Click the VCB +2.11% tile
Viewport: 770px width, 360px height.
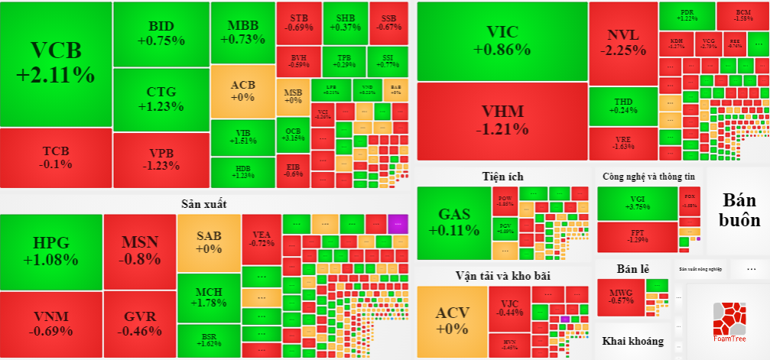(56, 63)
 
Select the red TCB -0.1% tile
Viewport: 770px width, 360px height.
(56, 157)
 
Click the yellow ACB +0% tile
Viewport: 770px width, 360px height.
(242, 91)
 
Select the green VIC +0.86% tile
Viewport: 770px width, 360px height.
(502, 41)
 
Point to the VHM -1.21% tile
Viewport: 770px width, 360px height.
(502, 122)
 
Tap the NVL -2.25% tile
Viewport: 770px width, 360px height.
(623, 43)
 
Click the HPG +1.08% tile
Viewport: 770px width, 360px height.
(51, 251)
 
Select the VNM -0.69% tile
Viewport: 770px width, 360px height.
(51, 324)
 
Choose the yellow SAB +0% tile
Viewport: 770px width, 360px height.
(209, 242)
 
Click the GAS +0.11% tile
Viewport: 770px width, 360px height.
(453, 222)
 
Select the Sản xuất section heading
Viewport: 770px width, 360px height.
(204, 203)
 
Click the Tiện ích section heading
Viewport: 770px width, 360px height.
(502, 177)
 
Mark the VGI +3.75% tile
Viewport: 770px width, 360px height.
(637, 203)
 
